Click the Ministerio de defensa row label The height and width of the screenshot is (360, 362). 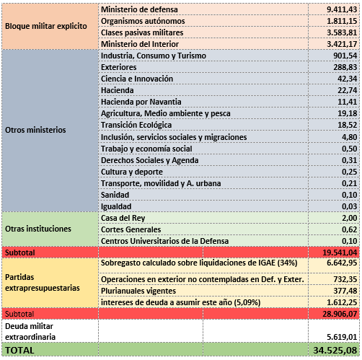pyautogui.click(x=139, y=9)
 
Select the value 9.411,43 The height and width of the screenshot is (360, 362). pyautogui.click(x=342, y=9)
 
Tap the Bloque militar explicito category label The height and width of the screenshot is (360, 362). pyautogui.click(x=46, y=26)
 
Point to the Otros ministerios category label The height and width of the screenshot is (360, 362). pyautogui.click(x=35, y=130)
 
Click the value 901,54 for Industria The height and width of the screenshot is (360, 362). pyautogui.click(x=345, y=56)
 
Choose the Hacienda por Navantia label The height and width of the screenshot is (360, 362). pyautogui.click(x=141, y=102)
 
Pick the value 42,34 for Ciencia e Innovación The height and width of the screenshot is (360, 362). pyautogui.click(x=348, y=79)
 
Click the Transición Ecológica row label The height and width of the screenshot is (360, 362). pyautogui.click(x=136, y=125)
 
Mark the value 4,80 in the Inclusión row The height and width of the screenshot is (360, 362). pyautogui.click(x=350, y=137)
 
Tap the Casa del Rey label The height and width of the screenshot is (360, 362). pyautogui.click(x=123, y=218)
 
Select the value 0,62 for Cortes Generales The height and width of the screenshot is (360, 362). pyautogui.click(x=350, y=229)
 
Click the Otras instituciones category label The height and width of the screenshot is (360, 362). pyautogui.click(x=38, y=229)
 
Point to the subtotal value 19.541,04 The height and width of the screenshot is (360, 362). pyautogui.click(x=340, y=253)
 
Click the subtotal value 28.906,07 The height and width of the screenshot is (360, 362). pyautogui.click(x=340, y=314)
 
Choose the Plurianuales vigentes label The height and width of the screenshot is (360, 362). pyautogui.click(x=138, y=291)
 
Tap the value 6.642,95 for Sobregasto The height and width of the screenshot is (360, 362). pyautogui.click(x=342, y=263)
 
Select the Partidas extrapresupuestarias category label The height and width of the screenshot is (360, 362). pyautogui.click(x=43, y=283)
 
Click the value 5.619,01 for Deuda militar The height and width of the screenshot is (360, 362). pyautogui.click(x=342, y=337)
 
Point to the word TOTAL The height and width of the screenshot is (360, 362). pyautogui.click(x=19, y=351)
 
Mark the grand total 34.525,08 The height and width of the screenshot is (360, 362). pyautogui.click(x=335, y=351)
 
